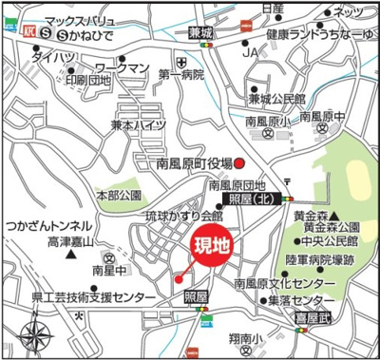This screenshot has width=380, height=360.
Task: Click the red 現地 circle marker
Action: click(212, 246)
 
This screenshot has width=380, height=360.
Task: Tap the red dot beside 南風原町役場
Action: click(240, 162)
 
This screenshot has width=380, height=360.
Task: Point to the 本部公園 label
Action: click(119, 195)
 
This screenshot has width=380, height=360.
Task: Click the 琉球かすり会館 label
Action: click(183, 217)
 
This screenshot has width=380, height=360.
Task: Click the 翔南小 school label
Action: click(243, 338)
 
